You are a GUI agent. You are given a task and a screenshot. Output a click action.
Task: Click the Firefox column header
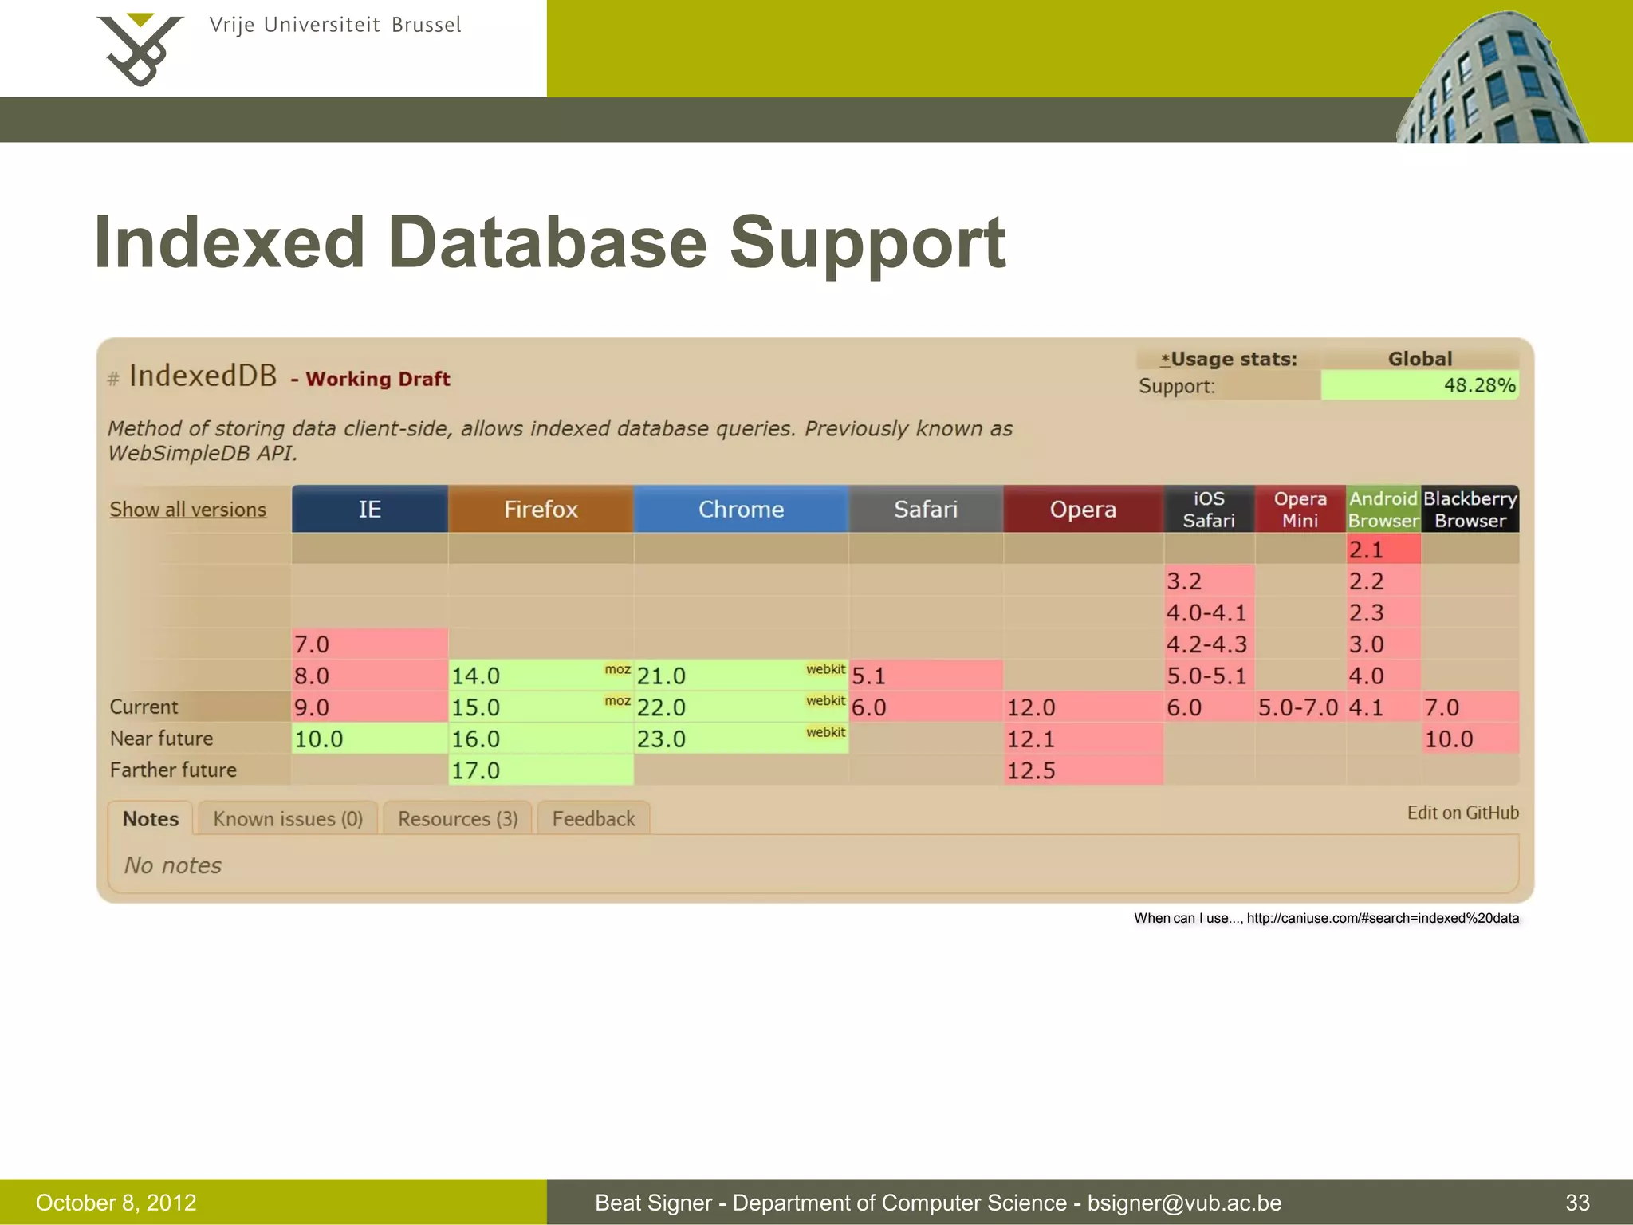541,509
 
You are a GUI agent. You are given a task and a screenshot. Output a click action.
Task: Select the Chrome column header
741,509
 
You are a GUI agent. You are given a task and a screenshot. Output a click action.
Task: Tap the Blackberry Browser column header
1470,509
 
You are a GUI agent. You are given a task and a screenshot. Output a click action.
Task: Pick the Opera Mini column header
1300,509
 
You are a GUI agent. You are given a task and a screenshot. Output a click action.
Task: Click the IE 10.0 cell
369,739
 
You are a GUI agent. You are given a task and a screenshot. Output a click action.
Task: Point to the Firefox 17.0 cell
541,770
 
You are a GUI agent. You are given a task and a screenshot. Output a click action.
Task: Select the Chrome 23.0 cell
741,739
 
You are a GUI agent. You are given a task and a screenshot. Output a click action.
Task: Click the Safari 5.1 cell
925,676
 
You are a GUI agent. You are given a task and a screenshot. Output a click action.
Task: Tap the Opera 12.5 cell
1083,770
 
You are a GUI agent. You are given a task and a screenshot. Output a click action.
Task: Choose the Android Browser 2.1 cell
1383,549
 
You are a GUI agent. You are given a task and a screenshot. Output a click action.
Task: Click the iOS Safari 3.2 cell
1209,581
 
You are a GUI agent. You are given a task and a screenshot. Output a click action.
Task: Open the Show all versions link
188,510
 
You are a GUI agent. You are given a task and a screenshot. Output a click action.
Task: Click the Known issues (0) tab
288,819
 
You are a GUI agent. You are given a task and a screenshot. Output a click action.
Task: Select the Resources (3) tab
458,819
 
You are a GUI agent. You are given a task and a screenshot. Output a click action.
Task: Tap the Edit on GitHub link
1462,813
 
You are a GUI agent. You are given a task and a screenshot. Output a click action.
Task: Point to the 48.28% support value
1479,385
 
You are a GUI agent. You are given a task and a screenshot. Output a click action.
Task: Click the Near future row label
162,739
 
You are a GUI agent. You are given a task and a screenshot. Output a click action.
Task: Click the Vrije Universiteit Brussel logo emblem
140,49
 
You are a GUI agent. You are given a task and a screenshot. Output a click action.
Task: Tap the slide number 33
1577,1203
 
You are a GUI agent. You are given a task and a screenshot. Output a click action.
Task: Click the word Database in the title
548,242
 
